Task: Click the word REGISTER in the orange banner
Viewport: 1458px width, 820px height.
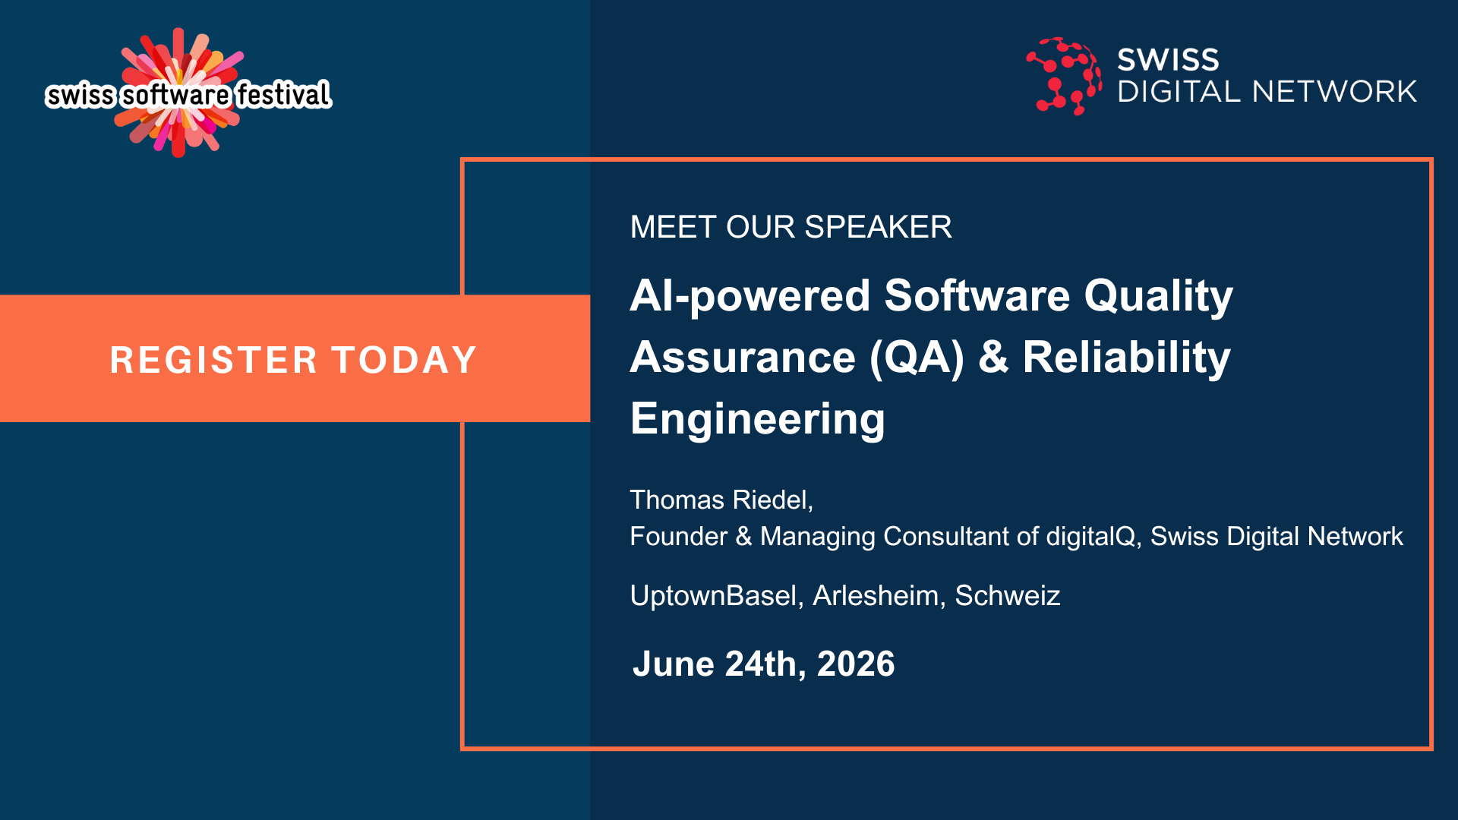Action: [213, 360]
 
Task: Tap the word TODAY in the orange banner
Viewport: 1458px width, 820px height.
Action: [404, 360]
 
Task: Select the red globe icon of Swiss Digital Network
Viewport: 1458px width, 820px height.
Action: [1064, 76]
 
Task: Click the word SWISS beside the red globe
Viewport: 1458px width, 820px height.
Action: [1168, 60]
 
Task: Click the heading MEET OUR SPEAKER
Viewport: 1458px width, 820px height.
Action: [791, 227]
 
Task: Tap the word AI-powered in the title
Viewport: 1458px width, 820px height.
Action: [750, 296]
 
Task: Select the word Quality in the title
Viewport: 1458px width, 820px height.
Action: [1158, 296]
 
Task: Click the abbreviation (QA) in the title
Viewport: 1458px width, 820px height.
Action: [917, 358]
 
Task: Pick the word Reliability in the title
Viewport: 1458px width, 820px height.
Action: [1126, 358]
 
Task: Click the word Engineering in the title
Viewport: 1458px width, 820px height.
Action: [758, 420]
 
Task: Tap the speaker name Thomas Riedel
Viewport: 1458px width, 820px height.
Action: [719, 500]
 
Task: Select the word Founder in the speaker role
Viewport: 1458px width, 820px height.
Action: [679, 537]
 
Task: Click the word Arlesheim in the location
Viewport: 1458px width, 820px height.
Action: [876, 596]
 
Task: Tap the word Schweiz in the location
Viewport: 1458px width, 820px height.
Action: [1007, 596]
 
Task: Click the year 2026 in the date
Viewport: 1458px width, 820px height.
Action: [856, 664]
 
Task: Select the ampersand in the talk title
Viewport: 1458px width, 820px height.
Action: [993, 358]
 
